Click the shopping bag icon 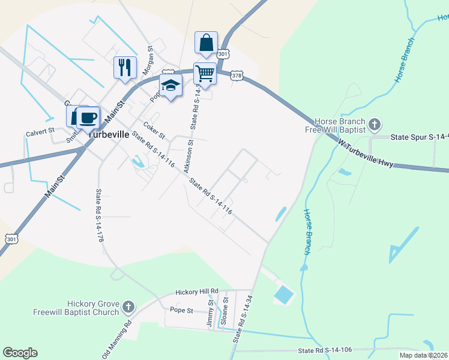tap(206, 43)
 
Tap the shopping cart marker tap(205, 74)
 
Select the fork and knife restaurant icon tap(124, 66)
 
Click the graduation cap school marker tap(170, 86)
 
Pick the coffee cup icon tap(88, 117)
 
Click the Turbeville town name tap(109, 135)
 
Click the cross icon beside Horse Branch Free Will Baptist tap(375, 125)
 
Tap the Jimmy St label tap(211, 314)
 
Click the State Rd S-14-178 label tap(100, 215)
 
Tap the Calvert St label tap(40, 130)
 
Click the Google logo tap(20, 353)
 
